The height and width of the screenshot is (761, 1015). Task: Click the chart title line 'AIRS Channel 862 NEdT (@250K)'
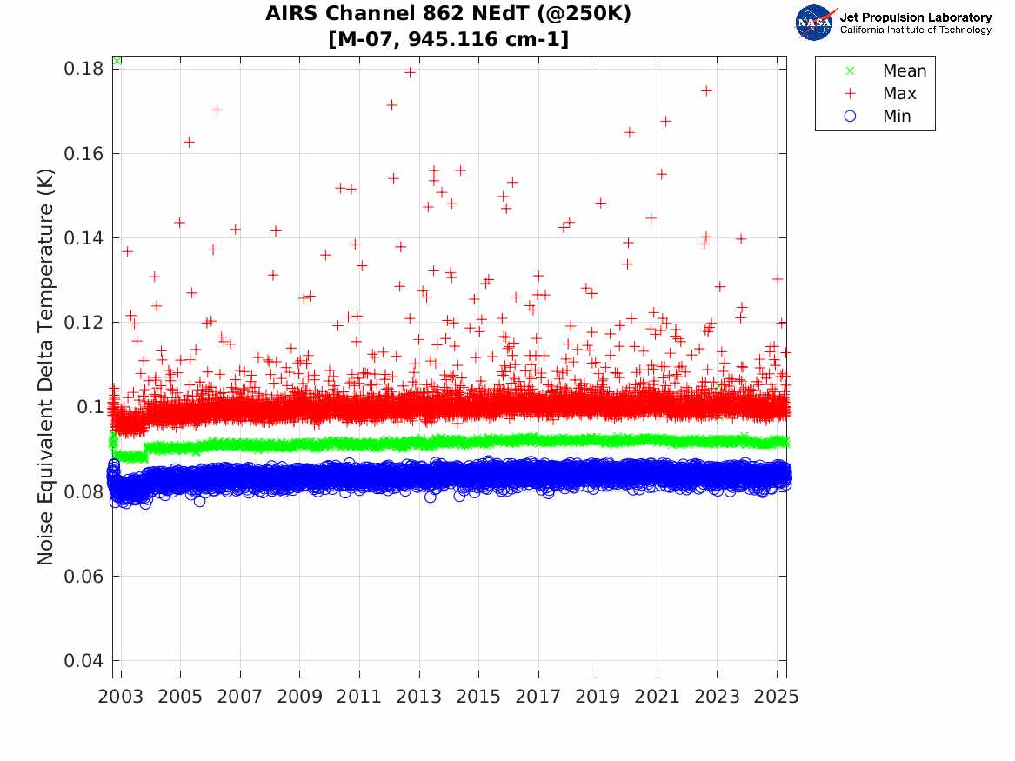pyautogui.click(x=448, y=14)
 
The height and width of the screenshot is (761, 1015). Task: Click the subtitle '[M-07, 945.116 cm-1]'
pyautogui.click(x=448, y=39)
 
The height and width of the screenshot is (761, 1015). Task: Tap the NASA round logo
pyautogui.click(x=814, y=23)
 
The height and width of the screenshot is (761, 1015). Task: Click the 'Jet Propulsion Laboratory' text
pyautogui.click(x=915, y=17)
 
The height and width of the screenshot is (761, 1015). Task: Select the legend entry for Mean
pyautogui.click(x=904, y=71)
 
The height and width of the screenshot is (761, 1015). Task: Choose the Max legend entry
pyautogui.click(x=898, y=94)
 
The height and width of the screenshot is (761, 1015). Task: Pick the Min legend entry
pyautogui.click(x=897, y=117)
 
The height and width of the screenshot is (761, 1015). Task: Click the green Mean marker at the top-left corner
pyautogui.click(x=117, y=60)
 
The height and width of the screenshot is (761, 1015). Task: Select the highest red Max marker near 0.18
pyautogui.click(x=410, y=72)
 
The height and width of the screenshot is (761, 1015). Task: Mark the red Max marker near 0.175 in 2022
pyautogui.click(x=706, y=90)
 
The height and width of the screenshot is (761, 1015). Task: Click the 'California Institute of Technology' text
pyautogui.click(x=915, y=30)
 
